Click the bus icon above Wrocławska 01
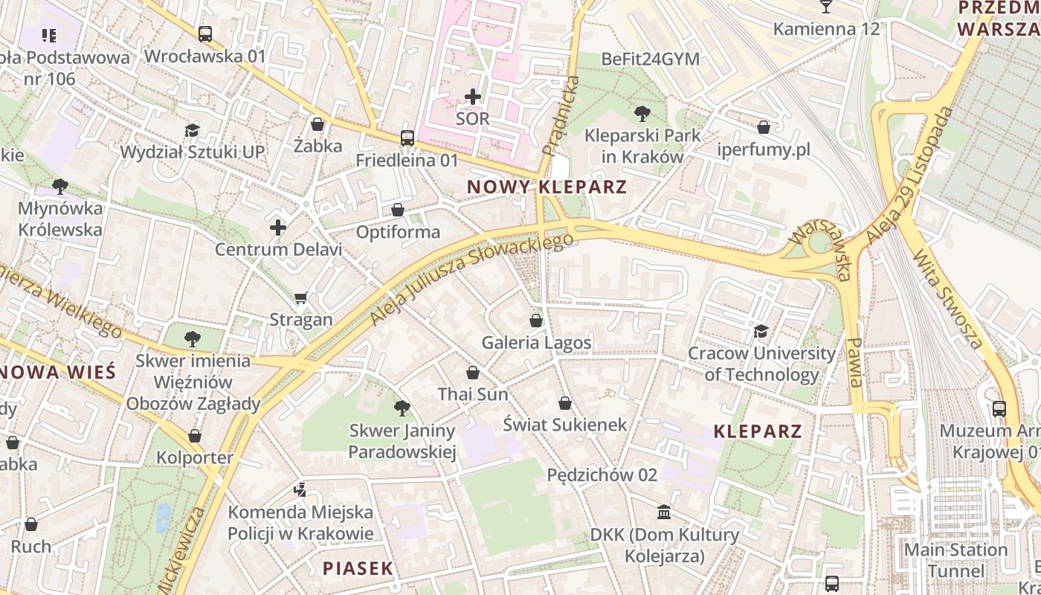point(204,34)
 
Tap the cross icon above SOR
point(473,97)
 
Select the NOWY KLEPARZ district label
point(547,187)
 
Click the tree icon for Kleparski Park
point(642,114)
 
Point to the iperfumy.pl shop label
point(763,149)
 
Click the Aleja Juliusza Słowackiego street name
point(473,279)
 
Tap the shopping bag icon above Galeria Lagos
point(535,321)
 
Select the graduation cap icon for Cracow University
point(761,331)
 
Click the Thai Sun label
point(473,394)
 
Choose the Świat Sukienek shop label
point(565,425)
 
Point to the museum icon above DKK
point(664,512)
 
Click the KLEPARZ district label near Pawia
point(758,431)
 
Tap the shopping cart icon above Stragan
point(301,298)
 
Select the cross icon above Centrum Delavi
point(278,228)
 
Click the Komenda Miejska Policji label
point(300,523)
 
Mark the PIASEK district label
point(358,569)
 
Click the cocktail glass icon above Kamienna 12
point(825,7)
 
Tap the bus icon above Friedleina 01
point(407,138)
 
